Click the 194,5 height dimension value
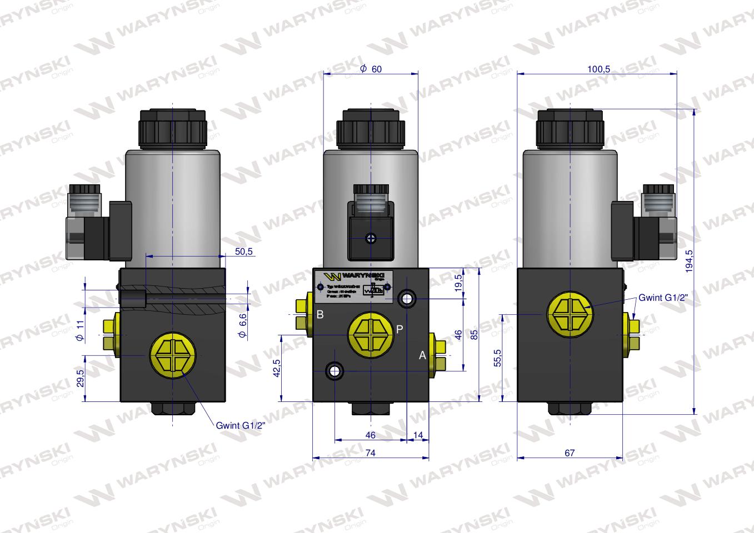coord(689,260)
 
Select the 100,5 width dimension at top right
coord(598,69)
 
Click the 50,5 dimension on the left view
coord(243,252)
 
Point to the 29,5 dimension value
coord(80,378)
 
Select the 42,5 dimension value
coord(277,367)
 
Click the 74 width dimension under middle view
coord(371,453)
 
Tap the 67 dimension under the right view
coord(569,453)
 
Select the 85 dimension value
coord(474,335)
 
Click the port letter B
coord(320,315)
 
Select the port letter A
coord(422,355)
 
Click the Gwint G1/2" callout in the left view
coord(241,426)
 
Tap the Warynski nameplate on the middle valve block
coord(352,285)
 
